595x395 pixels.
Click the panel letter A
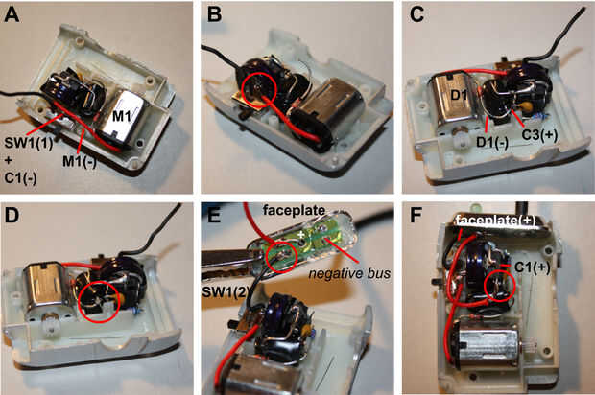(x=12, y=15)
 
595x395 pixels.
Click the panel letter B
(x=214, y=15)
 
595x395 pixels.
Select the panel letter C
(x=416, y=15)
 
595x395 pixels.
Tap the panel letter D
(x=12, y=216)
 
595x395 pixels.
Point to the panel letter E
(x=214, y=216)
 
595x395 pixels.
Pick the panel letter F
(x=416, y=216)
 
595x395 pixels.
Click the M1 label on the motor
(x=122, y=116)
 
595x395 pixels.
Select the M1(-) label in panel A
(x=80, y=162)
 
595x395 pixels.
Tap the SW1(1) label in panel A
(x=29, y=144)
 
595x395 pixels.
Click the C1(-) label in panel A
(x=20, y=177)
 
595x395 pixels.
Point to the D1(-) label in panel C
(x=492, y=143)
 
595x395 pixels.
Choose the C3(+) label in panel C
(x=539, y=135)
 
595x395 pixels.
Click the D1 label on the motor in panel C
(x=459, y=95)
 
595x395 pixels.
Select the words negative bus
(x=349, y=273)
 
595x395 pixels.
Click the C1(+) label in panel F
(x=532, y=267)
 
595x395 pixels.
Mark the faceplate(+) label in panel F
(x=495, y=221)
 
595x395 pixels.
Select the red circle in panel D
(x=99, y=302)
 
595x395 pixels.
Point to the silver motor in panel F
(x=488, y=347)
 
